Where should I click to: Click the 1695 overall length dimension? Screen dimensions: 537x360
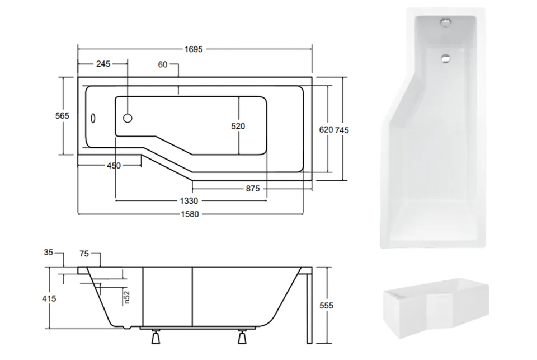[194, 49]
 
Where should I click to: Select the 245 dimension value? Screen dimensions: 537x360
[103, 64]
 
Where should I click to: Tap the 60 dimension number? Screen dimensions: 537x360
[163, 64]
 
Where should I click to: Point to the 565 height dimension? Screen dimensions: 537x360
[62, 116]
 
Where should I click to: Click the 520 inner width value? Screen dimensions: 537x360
[238, 126]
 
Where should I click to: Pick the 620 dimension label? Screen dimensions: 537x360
[326, 129]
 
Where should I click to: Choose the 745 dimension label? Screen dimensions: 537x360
[342, 130]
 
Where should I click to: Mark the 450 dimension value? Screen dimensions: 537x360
[114, 166]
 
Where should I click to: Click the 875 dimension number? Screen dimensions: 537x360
[253, 188]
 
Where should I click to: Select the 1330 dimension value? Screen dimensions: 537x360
[189, 201]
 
